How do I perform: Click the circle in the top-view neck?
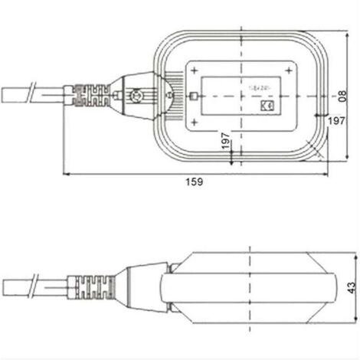coord(137,97)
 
